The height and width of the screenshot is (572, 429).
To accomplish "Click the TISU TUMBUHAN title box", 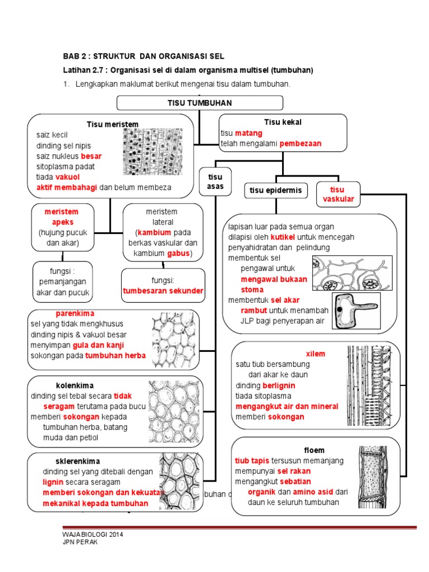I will tap(199, 103).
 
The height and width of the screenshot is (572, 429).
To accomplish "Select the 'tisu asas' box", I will tap(215, 182).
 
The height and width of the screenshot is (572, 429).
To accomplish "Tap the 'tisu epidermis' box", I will tap(275, 190).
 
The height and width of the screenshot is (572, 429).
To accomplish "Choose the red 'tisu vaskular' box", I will tap(338, 194).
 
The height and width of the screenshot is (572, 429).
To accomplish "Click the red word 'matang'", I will tap(246, 134).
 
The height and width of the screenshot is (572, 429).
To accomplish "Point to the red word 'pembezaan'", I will tap(301, 144).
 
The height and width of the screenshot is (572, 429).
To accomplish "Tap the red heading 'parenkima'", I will tap(75, 314).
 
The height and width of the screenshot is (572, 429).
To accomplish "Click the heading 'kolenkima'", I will tap(75, 385).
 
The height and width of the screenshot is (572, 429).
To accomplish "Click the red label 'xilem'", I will tap(315, 354).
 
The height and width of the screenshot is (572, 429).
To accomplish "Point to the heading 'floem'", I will tap(314, 450).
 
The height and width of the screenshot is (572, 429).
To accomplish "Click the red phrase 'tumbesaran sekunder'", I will tap(163, 291).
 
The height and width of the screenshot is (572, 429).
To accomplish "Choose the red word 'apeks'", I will tap(63, 222).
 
